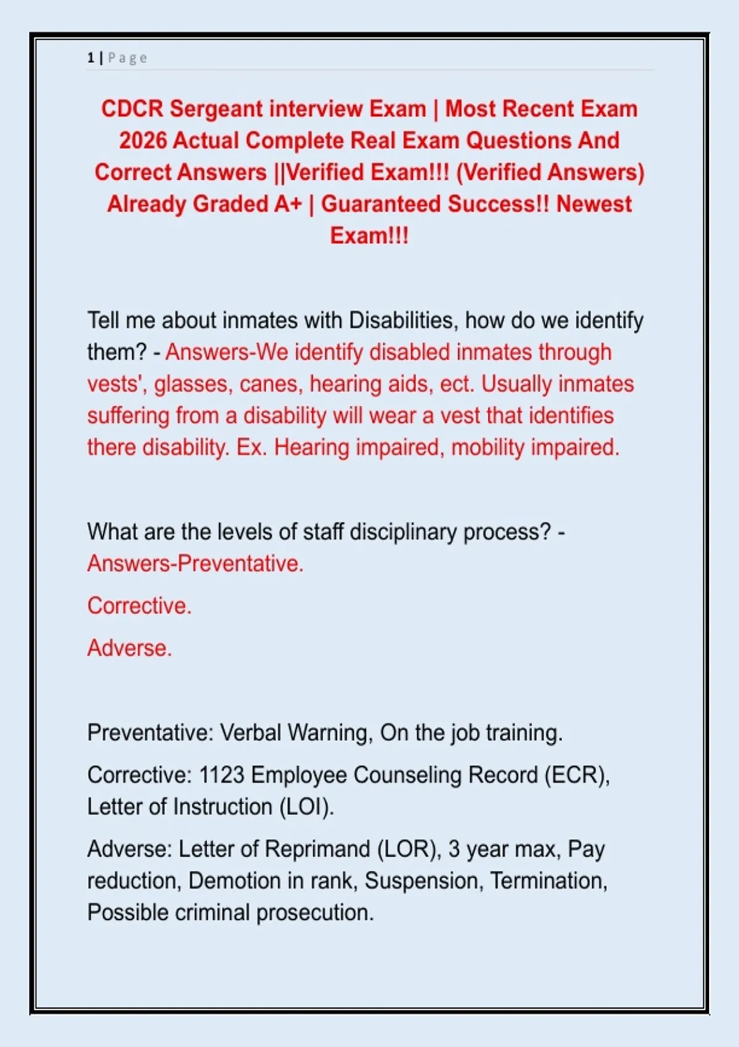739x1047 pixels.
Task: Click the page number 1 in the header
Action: click(91, 58)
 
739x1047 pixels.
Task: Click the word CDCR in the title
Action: click(132, 109)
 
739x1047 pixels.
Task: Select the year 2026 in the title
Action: click(143, 140)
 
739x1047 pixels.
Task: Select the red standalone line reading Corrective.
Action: click(139, 606)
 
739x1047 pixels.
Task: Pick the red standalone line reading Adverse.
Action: click(129, 648)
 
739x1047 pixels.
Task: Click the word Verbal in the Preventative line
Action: click(251, 733)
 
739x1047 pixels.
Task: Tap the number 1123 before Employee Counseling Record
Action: click(222, 775)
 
